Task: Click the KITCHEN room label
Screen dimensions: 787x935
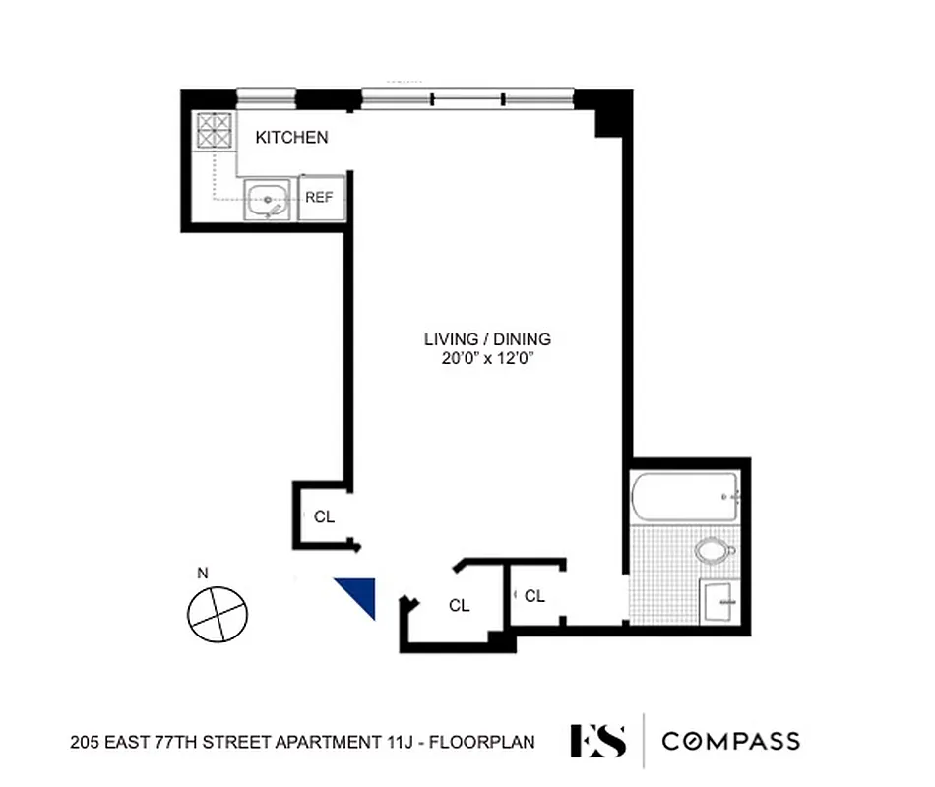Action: tap(291, 138)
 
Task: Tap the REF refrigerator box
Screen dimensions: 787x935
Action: tap(319, 198)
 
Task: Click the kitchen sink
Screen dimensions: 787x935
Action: tap(268, 201)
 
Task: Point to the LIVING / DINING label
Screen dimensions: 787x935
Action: tap(487, 339)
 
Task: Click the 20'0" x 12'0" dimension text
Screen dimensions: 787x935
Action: tap(487, 359)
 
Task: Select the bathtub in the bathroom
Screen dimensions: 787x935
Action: tap(685, 497)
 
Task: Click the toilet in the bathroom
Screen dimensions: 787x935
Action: tap(714, 550)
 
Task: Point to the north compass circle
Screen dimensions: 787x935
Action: tap(218, 614)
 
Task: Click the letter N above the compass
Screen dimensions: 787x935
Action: tap(203, 573)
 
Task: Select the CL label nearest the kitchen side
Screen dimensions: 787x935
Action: tap(324, 516)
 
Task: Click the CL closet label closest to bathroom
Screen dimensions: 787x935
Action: tap(534, 596)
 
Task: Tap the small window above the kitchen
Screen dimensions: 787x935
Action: tap(267, 95)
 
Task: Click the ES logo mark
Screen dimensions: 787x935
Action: tap(597, 741)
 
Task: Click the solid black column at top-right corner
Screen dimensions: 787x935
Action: tap(610, 110)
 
